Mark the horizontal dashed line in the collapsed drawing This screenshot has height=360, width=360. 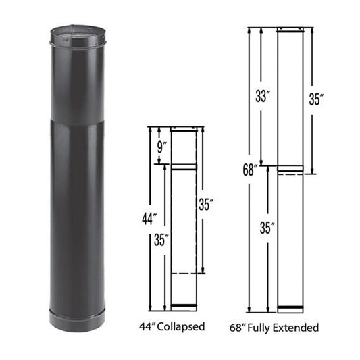pos(184,273)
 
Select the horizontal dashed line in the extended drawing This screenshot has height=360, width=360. pos(291,174)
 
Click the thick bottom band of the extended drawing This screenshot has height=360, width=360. pos(291,310)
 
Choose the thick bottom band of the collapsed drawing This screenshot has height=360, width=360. pos(184,307)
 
